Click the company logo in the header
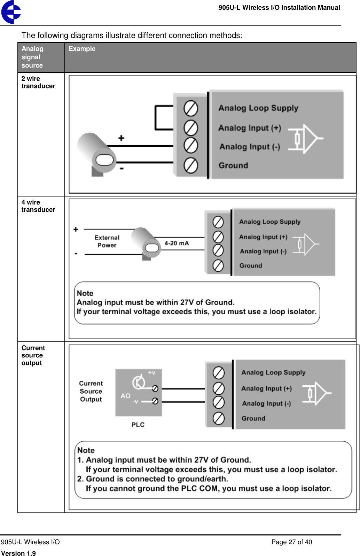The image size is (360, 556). click(x=11, y=12)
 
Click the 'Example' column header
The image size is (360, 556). click(x=82, y=49)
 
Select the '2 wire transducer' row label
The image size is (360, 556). click(x=38, y=82)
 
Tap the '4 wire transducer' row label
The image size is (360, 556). click(x=38, y=206)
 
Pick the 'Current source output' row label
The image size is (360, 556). click(x=33, y=355)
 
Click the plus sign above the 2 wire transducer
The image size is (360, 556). click(x=121, y=138)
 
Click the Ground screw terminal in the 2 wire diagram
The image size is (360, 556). click(x=191, y=165)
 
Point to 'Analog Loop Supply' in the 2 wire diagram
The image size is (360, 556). click(x=258, y=108)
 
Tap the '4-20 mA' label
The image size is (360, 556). click(x=177, y=243)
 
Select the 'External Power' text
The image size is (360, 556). click(x=107, y=241)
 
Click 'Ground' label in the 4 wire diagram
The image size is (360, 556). click(x=251, y=266)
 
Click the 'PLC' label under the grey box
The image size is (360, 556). click(x=138, y=425)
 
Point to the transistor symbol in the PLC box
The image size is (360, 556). click(x=139, y=383)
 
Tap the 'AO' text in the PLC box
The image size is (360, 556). click(x=125, y=396)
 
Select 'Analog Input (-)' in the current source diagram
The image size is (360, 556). click(x=266, y=403)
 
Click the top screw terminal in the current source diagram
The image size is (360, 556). click(x=219, y=373)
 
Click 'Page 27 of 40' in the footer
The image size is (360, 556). click(x=291, y=542)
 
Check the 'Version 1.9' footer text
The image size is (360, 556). click(x=18, y=553)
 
